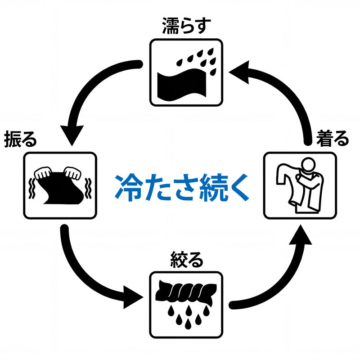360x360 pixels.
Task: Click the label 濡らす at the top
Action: click(186, 27)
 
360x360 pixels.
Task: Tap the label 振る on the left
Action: click(20, 139)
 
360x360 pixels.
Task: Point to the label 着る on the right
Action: click(333, 138)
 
